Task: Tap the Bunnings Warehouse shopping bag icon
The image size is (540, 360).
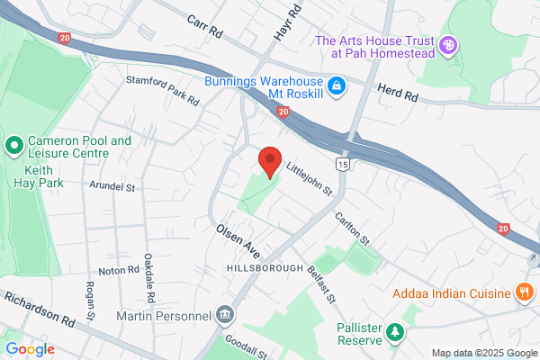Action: [x=337, y=86]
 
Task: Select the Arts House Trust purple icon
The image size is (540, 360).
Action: [x=448, y=43]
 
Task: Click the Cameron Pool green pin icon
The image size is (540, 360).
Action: [x=13, y=145]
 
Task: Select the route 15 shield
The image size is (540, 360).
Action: [x=342, y=165]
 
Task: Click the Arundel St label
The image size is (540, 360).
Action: [x=111, y=188]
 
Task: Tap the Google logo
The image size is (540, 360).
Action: [x=30, y=349]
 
